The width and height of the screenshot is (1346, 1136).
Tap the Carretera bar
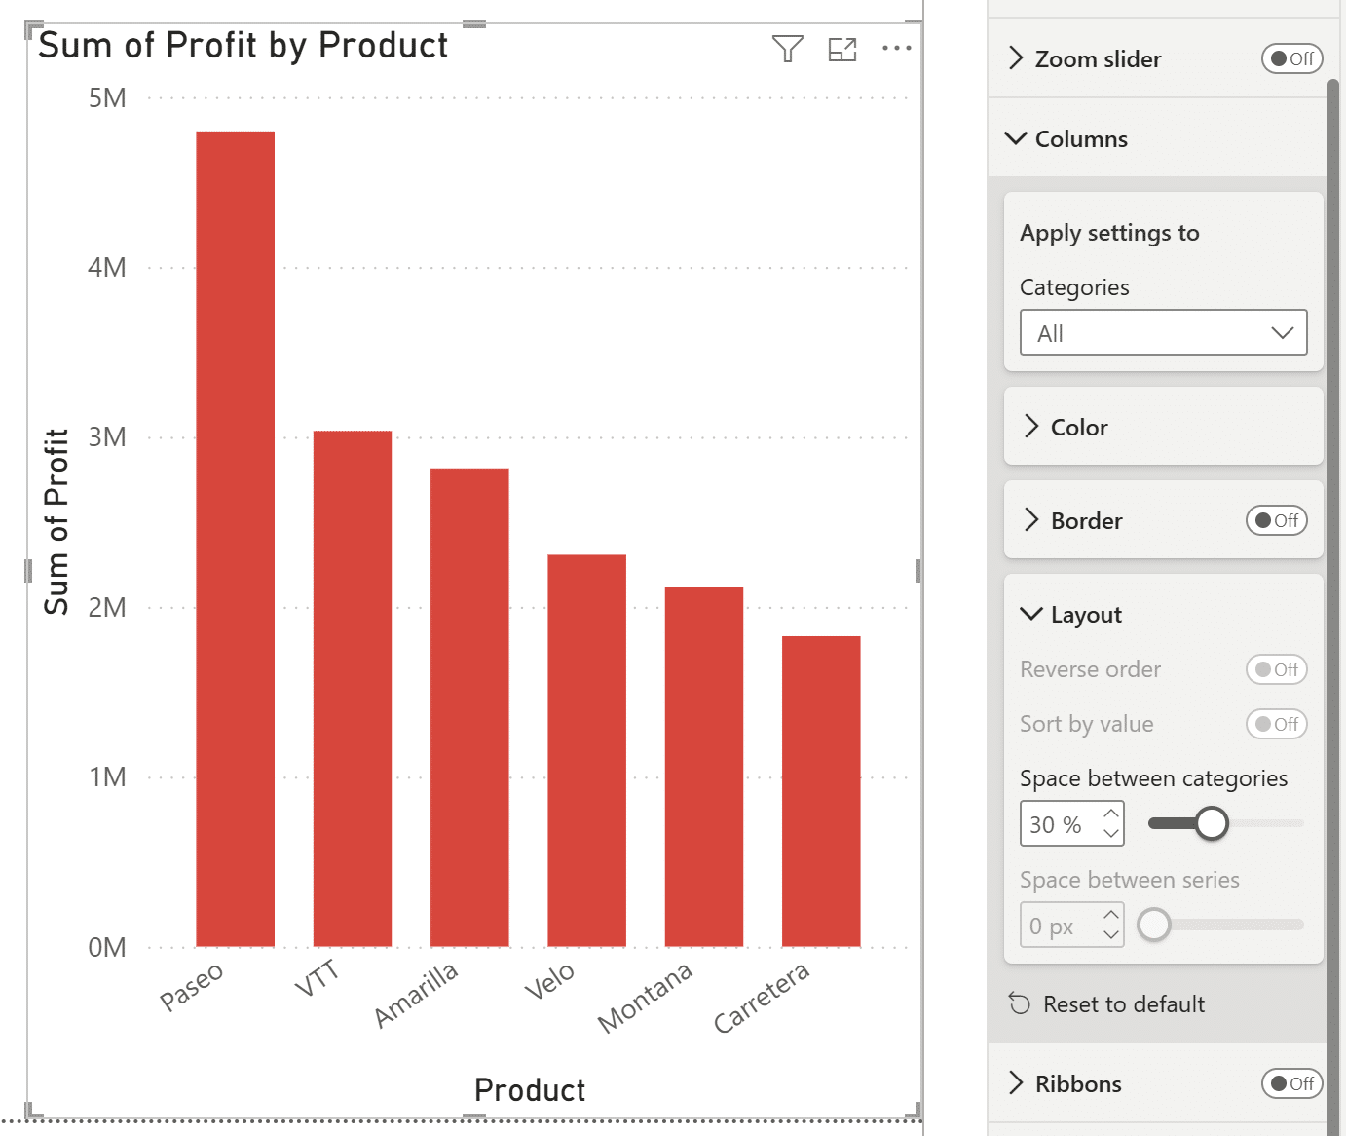click(820, 790)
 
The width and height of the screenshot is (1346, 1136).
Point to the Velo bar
click(586, 750)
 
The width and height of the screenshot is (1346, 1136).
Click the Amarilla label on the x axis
click(416, 995)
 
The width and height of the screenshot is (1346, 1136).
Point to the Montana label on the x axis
click(645, 998)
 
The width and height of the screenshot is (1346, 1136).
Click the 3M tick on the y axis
click(107, 437)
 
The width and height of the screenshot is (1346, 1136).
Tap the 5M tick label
click(107, 98)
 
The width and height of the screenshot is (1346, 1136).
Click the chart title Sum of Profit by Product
click(243, 46)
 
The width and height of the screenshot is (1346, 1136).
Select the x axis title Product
click(530, 1090)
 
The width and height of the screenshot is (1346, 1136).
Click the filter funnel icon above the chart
click(787, 48)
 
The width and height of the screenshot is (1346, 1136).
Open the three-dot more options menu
click(896, 48)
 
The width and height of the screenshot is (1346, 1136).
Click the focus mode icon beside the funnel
click(841, 49)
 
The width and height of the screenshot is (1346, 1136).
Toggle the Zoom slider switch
click(1291, 59)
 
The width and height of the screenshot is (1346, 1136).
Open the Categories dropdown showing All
click(1163, 333)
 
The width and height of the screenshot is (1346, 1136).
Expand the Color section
click(1079, 428)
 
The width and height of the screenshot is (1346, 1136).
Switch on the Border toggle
click(1276, 521)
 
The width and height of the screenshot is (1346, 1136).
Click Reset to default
click(1123, 1004)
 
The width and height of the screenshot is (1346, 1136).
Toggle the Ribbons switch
click(1291, 1084)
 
